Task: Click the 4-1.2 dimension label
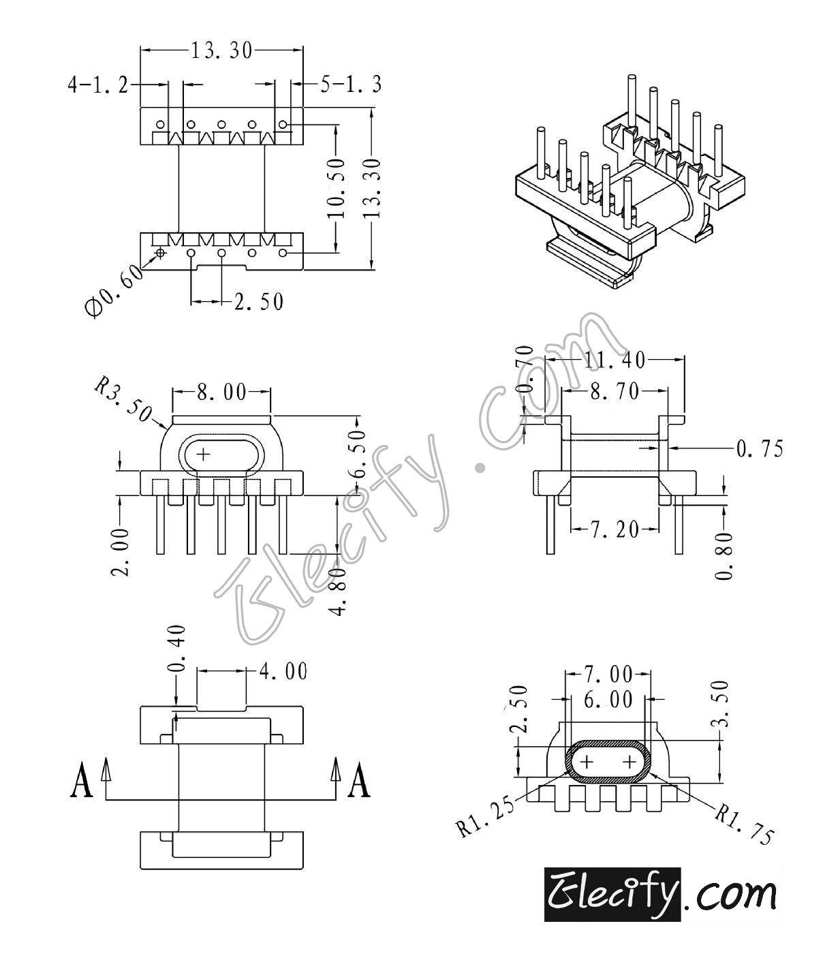tap(97, 84)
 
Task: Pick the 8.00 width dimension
tap(221, 392)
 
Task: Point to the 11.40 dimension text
tap(614, 358)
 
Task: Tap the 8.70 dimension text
tap(614, 391)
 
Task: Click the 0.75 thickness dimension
tap(759, 448)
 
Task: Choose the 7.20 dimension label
tap(614, 529)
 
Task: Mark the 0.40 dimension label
tap(176, 648)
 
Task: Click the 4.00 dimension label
tap(283, 671)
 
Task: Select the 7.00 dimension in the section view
tap(608, 675)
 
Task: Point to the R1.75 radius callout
tap(745, 824)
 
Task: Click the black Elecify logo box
tap(612, 894)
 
